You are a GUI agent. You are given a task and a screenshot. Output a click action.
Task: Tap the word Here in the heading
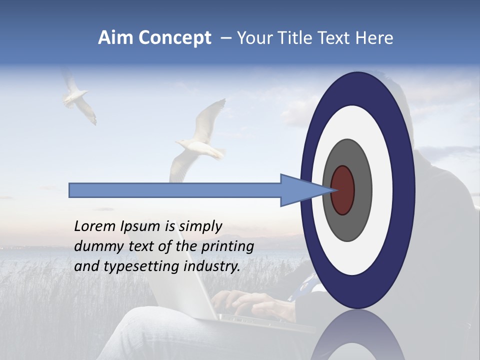coord(374,38)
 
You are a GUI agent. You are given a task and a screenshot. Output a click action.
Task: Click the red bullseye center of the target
coord(342,190)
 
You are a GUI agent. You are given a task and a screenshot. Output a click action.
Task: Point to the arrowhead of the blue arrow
coord(310,190)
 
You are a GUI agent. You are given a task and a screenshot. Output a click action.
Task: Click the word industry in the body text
coord(211,266)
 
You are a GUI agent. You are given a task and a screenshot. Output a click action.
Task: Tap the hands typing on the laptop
coord(250,302)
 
